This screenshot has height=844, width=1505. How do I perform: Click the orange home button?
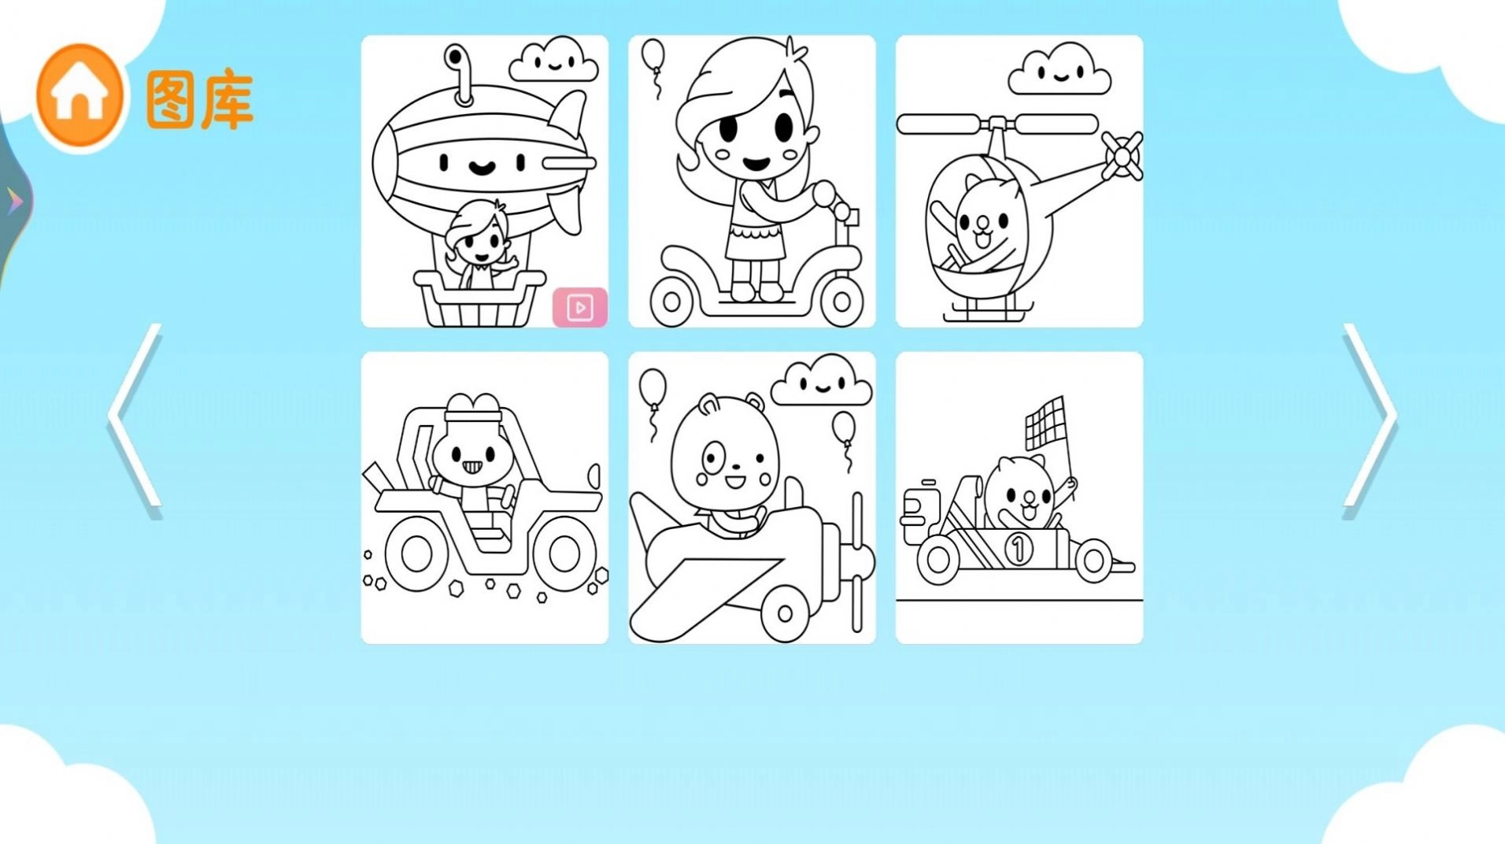click(79, 95)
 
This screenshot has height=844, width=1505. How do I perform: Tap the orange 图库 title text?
click(200, 100)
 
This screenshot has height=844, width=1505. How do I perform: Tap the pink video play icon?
click(580, 307)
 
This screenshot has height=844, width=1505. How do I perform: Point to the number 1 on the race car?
click(1018, 547)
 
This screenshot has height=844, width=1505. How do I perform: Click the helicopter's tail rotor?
click(1122, 155)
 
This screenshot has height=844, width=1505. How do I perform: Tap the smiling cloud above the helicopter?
click(1059, 69)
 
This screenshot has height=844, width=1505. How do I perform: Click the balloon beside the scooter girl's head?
click(653, 57)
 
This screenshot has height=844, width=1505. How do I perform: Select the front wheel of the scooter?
click(841, 300)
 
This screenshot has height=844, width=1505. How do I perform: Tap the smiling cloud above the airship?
click(553, 60)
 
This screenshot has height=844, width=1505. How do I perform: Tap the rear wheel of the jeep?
click(417, 553)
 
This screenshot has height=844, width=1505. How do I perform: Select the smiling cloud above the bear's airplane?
click(821, 382)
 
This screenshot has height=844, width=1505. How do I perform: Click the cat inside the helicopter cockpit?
click(980, 224)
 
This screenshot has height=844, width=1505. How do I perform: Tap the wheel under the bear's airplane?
click(784, 613)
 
